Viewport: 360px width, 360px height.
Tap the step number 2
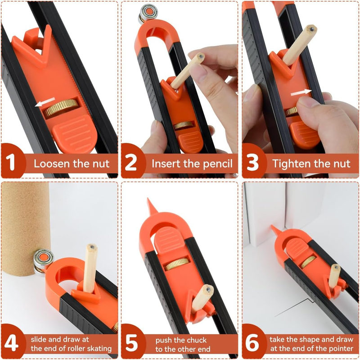point(130,162)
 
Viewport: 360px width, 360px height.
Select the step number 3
point(253,162)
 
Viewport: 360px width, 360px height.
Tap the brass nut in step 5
point(175,264)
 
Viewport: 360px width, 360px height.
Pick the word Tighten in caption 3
point(288,163)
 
